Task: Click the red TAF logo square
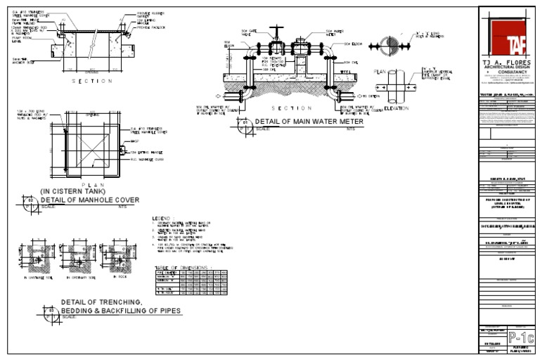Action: click(508, 36)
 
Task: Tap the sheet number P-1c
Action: click(520, 337)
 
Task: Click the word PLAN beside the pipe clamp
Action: click(380, 72)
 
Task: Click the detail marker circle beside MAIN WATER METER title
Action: click(245, 124)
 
